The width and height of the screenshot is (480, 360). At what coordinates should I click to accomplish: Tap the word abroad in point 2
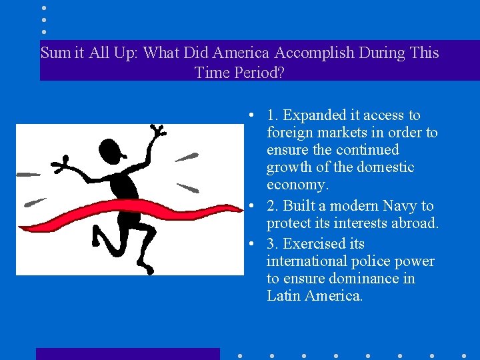412,223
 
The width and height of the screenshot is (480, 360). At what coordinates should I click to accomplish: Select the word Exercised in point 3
315,243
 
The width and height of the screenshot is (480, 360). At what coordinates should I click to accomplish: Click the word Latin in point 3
283,295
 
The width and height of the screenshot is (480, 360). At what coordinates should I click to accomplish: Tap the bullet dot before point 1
247,116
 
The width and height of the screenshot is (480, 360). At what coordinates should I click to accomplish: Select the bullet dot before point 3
247,244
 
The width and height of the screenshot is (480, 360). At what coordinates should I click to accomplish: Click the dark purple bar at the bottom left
127,353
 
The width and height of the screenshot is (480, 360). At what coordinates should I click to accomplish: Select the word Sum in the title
54,53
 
